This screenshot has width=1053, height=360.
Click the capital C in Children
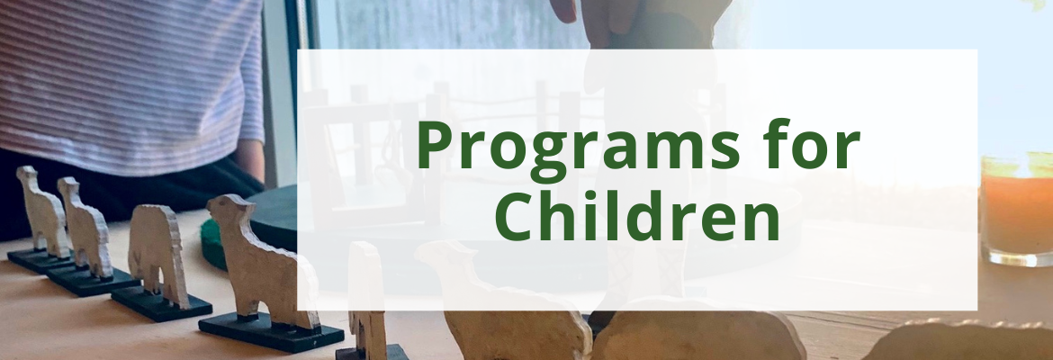tap(516, 218)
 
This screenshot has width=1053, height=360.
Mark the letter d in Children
tap(668, 216)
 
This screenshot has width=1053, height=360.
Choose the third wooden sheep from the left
tap(157, 256)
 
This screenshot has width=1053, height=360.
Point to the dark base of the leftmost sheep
tap(39, 261)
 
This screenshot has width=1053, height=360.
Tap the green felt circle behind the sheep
tap(213, 245)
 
